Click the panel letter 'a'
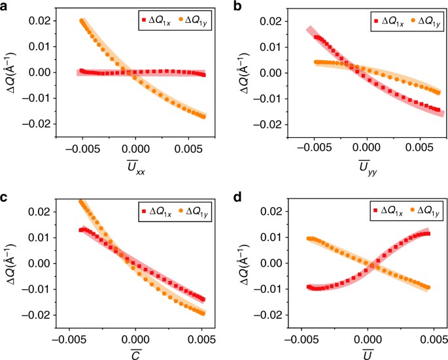pos(5,6)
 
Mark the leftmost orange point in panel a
pos(82,21)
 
